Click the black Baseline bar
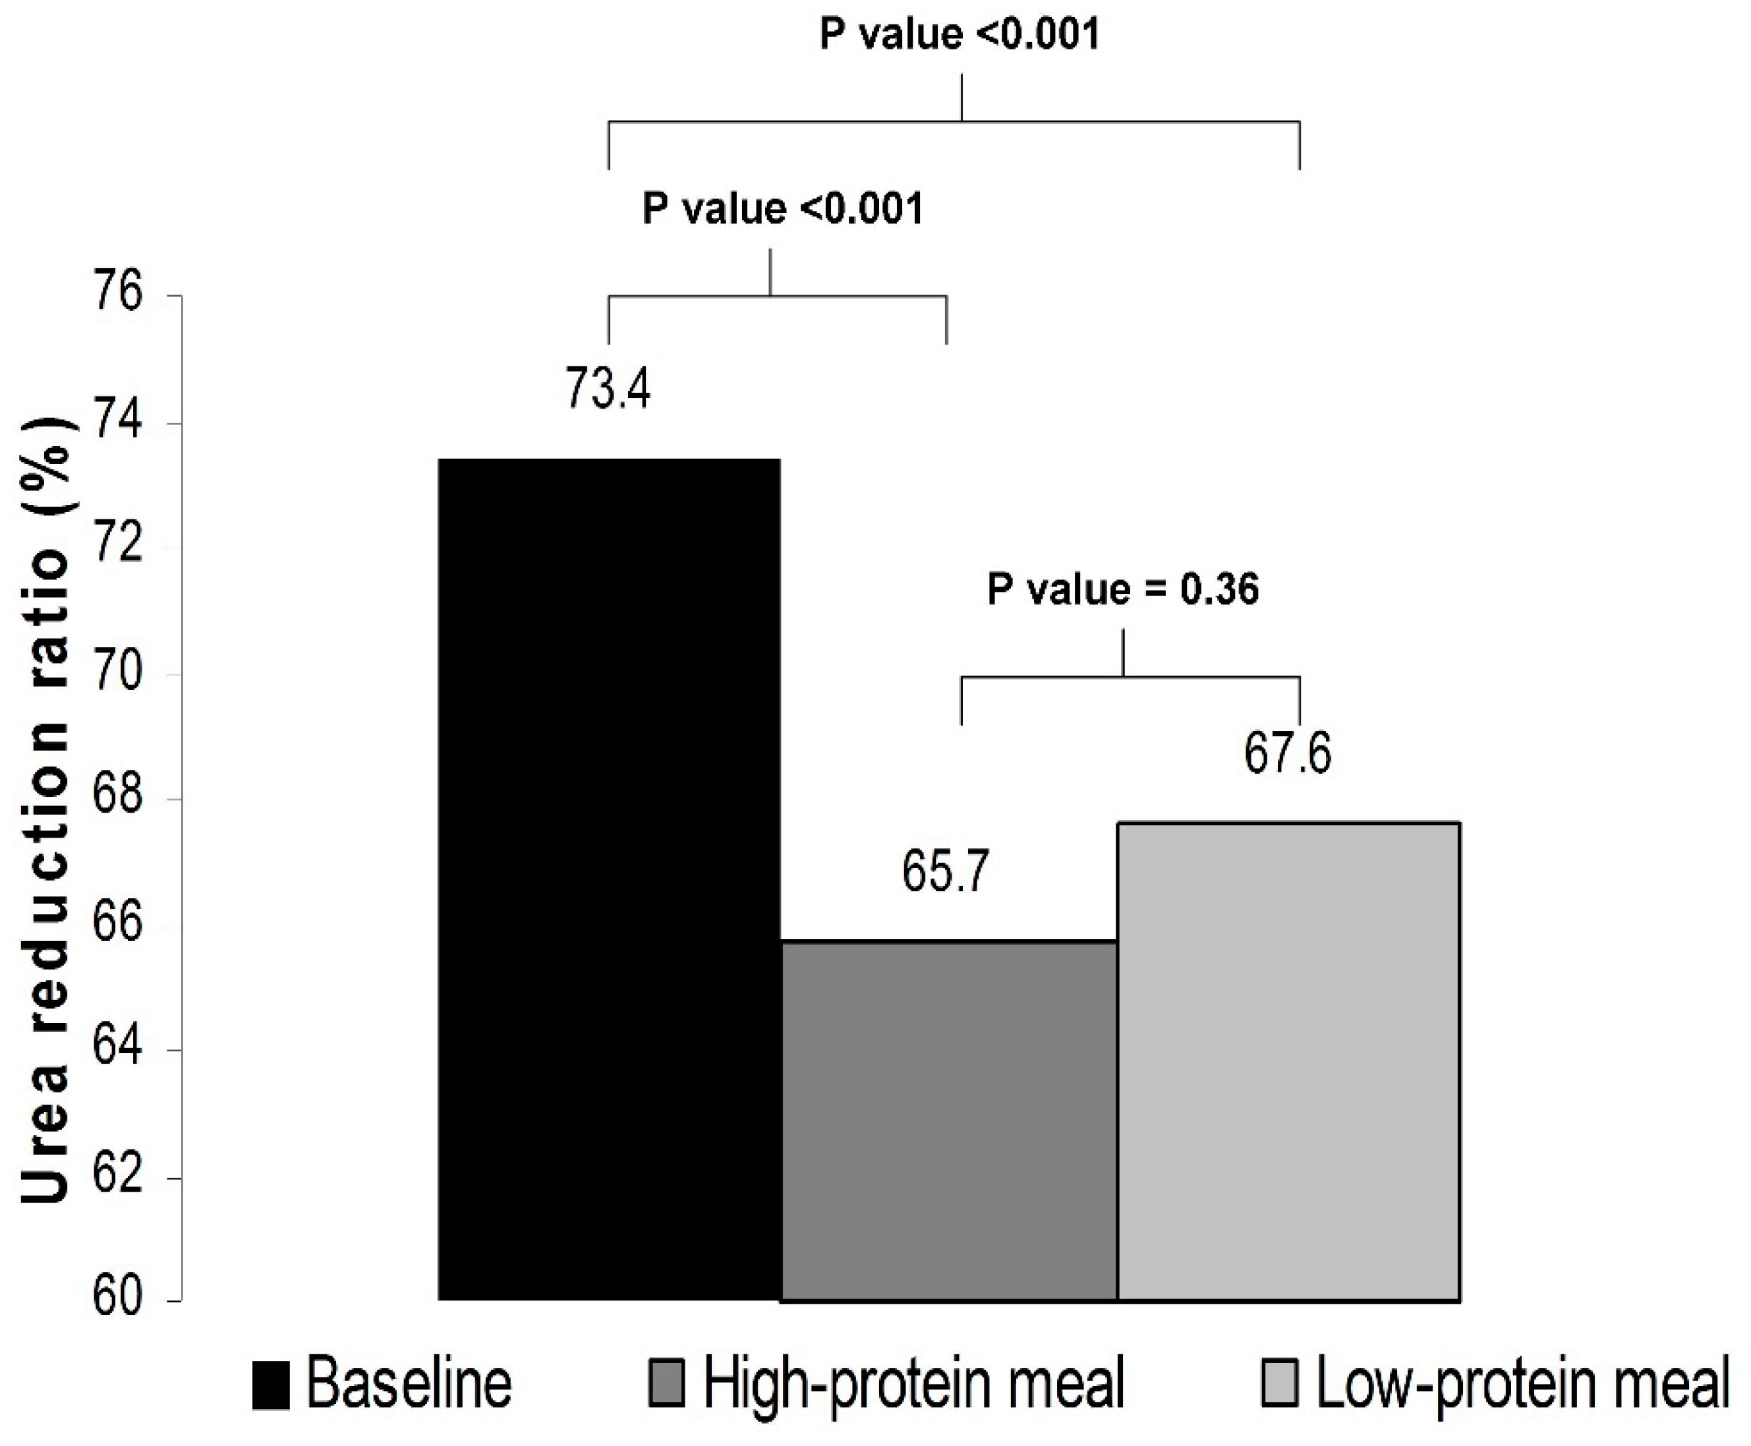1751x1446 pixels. pyautogui.click(x=609, y=879)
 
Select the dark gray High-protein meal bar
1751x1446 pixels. pyautogui.click(x=948, y=1120)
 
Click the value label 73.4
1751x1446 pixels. pyautogui.click(x=608, y=389)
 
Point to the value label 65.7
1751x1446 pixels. pyautogui.click(x=944, y=872)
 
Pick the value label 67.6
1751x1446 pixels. pyautogui.click(x=1288, y=752)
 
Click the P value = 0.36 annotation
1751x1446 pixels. pyautogui.click(x=1123, y=590)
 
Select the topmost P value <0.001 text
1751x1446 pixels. pyautogui.click(x=960, y=34)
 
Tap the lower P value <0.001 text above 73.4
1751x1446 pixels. pyautogui.click(x=782, y=208)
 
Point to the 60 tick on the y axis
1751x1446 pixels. pyautogui.click(x=117, y=1300)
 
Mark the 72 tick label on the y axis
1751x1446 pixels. pyautogui.click(x=117, y=546)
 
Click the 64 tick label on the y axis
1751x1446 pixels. pyautogui.click(x=117, y=1048)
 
